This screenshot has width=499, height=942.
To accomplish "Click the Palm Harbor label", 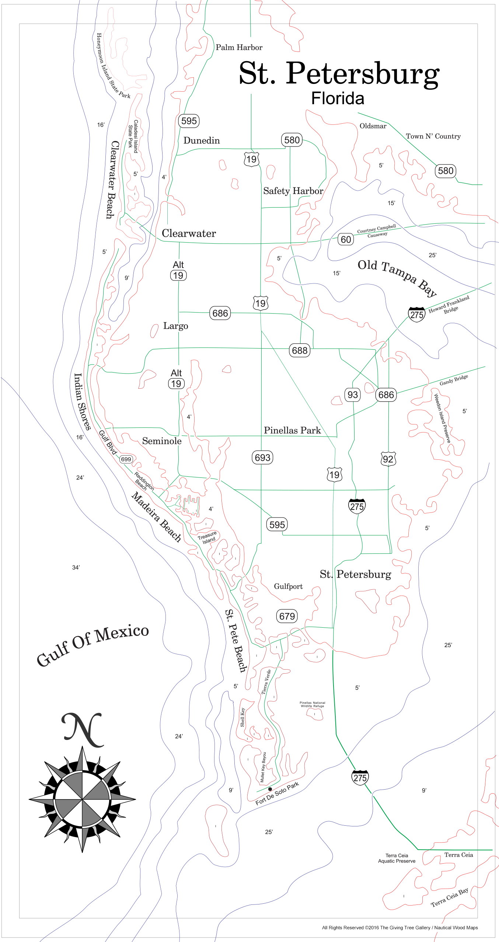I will pos(239,47).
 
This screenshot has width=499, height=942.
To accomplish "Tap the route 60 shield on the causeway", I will pos(346,240).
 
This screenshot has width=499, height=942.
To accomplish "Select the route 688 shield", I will pos(300,350).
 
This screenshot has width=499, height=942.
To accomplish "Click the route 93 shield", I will pos(353,395).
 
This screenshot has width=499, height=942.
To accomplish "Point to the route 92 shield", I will pos(388,459).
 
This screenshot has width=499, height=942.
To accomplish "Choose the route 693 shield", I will pos(262,458).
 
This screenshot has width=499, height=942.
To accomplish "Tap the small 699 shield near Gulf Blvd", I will pos(126,459).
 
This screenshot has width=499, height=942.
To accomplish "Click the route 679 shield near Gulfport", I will pos(287,616).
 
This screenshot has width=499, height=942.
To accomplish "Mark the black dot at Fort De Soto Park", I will pos(270,789).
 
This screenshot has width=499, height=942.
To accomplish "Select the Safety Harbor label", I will pos(293,191).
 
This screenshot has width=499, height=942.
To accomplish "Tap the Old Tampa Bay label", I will pos(397,277).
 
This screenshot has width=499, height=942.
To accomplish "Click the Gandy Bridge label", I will pos(454,380).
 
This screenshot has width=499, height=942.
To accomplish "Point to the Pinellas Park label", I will pos(292,430).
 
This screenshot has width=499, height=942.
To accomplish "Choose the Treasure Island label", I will pos(207,537).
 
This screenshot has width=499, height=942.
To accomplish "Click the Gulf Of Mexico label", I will pos(93,646).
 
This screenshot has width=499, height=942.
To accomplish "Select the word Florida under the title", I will pos(338,99).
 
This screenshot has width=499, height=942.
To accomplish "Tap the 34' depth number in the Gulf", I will pos(76,568).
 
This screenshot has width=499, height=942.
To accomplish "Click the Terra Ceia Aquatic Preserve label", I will pos(397,858).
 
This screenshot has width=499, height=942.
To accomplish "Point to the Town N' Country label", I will pos(433,137).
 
